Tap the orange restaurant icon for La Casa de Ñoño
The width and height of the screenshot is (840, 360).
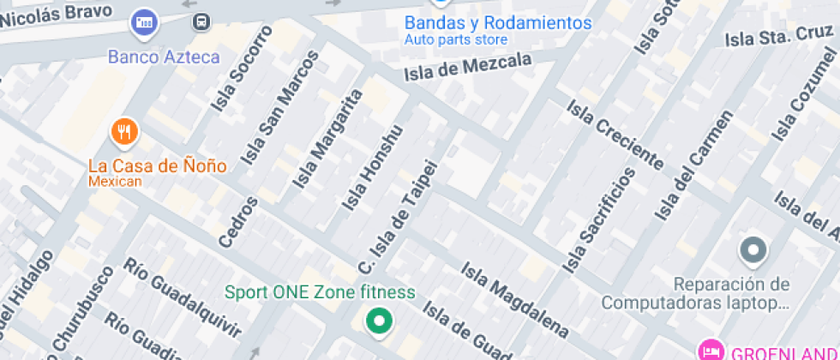tap(125, 131)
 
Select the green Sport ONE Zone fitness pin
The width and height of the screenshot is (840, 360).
tap(378, 322)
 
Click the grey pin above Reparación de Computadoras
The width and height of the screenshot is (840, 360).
tap(753, 250)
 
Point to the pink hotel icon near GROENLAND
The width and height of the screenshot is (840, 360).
tap(710, 350)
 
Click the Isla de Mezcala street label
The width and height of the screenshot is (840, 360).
tap(468, 66)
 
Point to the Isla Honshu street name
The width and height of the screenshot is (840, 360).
tap(371, 169)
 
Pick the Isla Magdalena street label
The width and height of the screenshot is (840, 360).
tap(514, 297)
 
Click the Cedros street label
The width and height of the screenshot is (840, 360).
tap(238, 222)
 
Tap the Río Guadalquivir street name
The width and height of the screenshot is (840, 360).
tap(184, 296)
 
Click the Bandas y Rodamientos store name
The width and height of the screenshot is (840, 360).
tap(498, 23)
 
